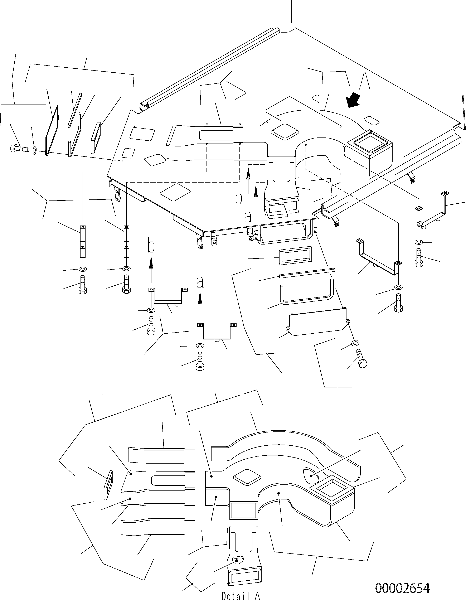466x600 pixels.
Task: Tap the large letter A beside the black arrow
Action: coord(365,81)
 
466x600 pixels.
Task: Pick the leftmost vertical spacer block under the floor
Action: coord(83,241)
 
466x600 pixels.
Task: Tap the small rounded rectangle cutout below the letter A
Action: coord(372,121)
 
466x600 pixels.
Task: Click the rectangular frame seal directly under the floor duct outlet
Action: coord(295,255)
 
